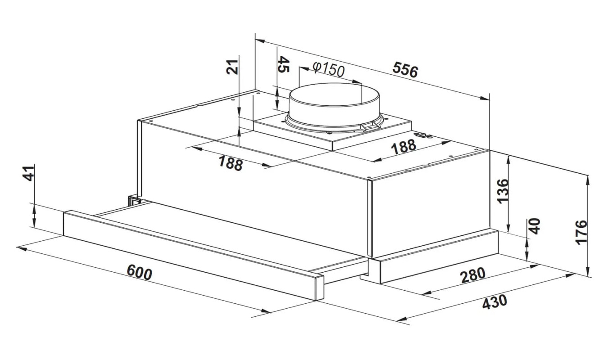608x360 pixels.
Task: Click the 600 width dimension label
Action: (x=139, y=272)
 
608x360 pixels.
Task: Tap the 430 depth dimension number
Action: (x=495, y=301)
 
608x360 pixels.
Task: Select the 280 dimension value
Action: (x=472, y=275)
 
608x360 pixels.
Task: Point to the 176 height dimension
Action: (x=581, y=233)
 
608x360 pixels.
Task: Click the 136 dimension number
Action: (x=502, y=191)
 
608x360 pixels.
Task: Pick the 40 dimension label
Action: (x=535, y=226)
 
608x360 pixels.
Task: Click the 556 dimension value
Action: (x=405, y=70)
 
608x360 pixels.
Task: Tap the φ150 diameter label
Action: (x=328, y=69)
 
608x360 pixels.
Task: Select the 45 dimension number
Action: (x=284, y=64)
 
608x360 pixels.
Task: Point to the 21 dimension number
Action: (x=232, y=67)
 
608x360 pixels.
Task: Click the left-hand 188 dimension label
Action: (x=231, y=163)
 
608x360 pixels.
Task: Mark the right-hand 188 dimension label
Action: (x=404, y=147)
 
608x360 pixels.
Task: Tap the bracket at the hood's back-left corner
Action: (x=134, y=201)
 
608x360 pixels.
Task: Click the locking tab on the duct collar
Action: (x=370, y=126)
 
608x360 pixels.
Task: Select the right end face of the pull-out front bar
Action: (x=320, y=287)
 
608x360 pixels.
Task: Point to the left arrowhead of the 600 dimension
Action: (x=21, y=248)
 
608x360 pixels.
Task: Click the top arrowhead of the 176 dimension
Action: (x=588, y=180)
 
